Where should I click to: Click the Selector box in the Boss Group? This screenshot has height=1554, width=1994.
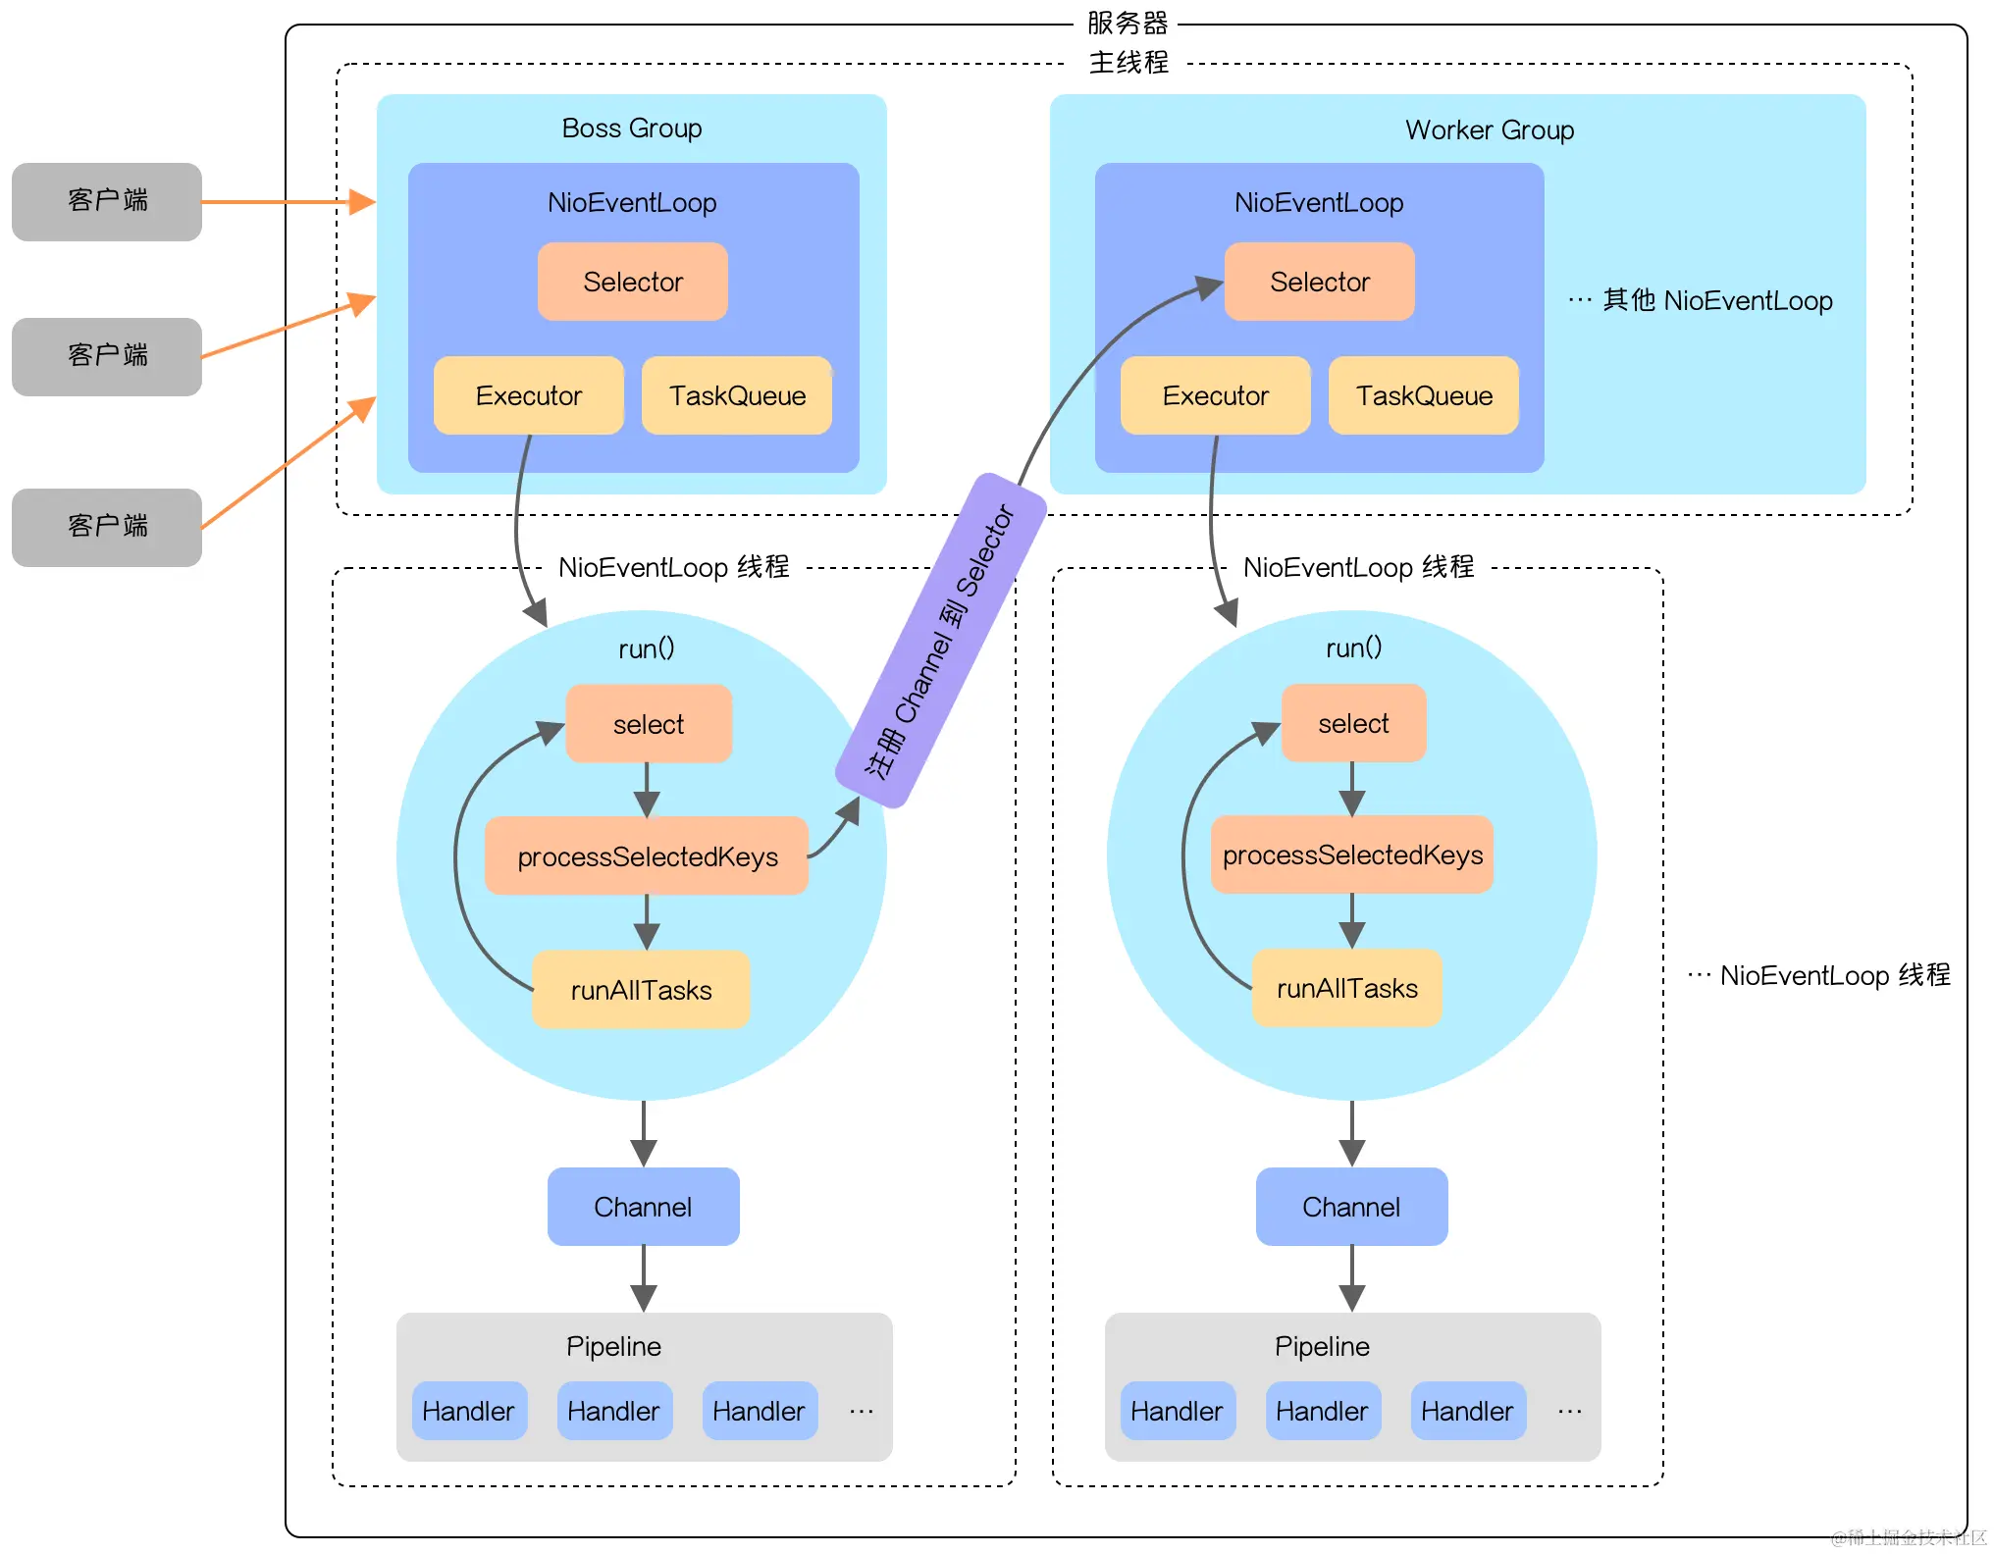click(x=633, y=282)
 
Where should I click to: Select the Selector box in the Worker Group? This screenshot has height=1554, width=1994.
click(x=1320, y=282)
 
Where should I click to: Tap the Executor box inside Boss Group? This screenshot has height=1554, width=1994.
click(x=529, y=395)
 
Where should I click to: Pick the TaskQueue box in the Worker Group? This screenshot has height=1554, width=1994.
click(x=1424, y=395)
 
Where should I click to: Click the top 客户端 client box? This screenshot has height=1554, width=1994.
click(x=107, y=201)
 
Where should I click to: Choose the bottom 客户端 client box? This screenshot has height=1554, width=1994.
click(x=107, y=528)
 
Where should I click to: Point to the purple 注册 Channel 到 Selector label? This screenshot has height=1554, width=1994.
click(x=941, y=641)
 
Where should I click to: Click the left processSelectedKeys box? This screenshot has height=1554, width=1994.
click(x=647, y=855)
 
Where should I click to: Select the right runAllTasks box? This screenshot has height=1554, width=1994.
click(x=1347, y=988)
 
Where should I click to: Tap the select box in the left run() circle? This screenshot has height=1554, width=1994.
click(x=649, y=724)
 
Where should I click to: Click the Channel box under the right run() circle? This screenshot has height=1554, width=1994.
click(x=1351, y=1207)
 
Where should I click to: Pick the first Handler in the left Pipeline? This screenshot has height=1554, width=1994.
click(x=469, y=1411)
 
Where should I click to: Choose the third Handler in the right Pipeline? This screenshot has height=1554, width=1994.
click(x=1468, y=1411)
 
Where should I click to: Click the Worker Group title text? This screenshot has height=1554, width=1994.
click(x=1490, y=130)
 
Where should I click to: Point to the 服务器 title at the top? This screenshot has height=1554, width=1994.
click(x=1128, y=23)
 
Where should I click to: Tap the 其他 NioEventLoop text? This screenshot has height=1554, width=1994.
click(x=1717, y=300)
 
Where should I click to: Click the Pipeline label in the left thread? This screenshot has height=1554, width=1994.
click(x=613, y=1346)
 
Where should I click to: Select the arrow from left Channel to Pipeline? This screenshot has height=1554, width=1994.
click(x=644, y=1279)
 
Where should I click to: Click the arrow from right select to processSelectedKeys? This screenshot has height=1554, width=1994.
click(x=1352, y=789)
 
